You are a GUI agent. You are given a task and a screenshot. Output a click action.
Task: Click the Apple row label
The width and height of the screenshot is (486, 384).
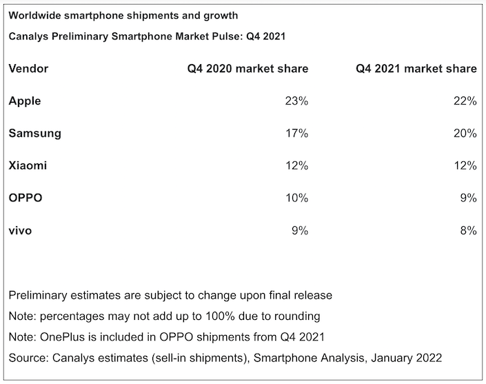tap(25, 101)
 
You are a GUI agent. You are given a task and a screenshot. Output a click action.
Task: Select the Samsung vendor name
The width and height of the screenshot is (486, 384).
tap(34, 134)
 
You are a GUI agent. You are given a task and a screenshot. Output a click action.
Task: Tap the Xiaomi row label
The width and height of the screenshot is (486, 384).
tap(28, 166)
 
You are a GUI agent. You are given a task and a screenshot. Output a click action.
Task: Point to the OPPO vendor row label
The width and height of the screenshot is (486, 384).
tap(26, 199)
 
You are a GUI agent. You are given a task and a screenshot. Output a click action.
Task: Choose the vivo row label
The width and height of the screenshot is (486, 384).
tap(20, 231)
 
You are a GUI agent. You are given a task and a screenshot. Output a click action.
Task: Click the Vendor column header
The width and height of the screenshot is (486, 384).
tap(28, 69)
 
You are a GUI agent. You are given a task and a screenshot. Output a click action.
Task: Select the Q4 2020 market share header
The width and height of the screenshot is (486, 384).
tap(247, 69)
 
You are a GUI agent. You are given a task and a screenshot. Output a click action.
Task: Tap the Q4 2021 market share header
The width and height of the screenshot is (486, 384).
tap(416, 69)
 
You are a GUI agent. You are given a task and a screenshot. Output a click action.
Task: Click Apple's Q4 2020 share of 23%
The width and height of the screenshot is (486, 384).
tap(296, 101)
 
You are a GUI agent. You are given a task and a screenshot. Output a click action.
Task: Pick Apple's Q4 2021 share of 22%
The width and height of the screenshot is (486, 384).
tap(465, 101)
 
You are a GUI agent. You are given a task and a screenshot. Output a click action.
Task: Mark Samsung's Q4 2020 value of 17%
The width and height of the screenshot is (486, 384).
tap(296, 134)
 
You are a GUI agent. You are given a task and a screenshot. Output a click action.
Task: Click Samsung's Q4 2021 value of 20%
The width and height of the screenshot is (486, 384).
tap(465, 134)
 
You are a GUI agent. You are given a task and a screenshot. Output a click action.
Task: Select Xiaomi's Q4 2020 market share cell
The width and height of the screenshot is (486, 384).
tap(296, 166)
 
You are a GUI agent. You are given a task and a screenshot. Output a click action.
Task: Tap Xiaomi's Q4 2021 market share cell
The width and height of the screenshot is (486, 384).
tap(465, 166)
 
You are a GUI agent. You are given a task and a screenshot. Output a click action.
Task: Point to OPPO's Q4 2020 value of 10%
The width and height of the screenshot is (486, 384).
tap(296, 199)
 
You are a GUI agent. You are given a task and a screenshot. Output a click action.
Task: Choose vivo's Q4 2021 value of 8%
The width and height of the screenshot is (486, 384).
tap(468, 231)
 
